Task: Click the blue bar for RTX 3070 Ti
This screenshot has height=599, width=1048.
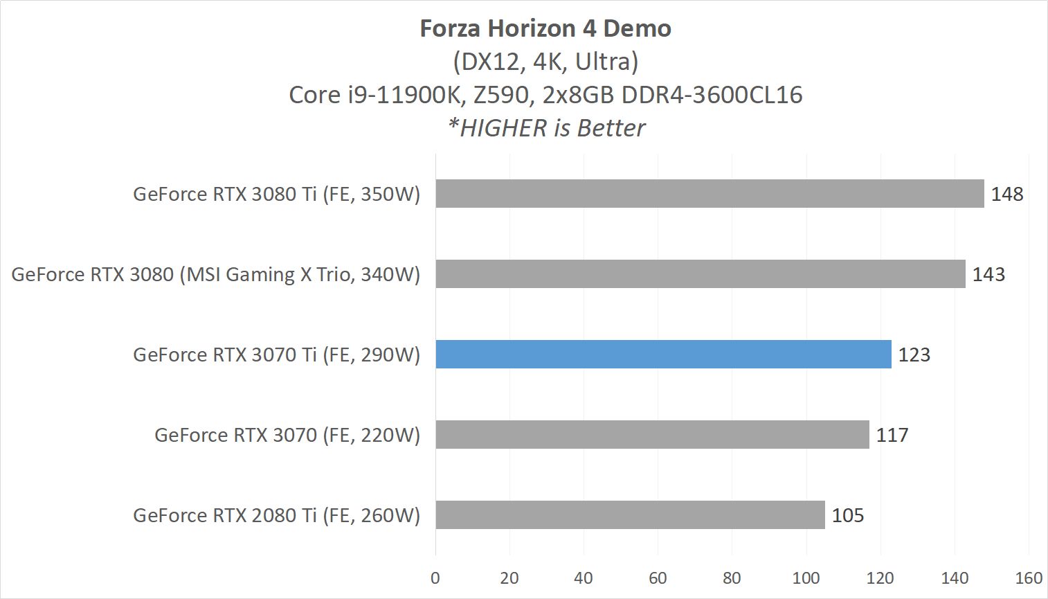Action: point(663,355)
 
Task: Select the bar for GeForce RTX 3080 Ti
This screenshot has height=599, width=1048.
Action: point(710,194)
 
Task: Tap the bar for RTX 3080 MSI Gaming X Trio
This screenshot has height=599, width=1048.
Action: point(701,274)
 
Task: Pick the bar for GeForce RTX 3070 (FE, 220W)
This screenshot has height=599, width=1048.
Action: point(652,435)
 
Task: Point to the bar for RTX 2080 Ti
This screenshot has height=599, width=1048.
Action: point(630,515)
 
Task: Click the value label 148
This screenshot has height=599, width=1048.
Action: point(1006,194)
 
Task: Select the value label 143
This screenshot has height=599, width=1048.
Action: point(988,274)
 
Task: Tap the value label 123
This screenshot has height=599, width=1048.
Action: point(914,355)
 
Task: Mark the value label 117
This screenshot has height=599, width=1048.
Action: point(892,435)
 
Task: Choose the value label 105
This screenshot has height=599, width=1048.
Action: point(847,515)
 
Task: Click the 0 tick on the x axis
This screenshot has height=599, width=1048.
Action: point(435,578)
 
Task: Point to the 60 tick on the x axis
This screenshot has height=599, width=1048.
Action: point(658,578)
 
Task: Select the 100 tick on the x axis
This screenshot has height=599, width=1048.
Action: point(806,578)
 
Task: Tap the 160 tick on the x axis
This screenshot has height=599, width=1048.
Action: point(1029,578)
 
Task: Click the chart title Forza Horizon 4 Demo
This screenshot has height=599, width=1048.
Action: point(545,28)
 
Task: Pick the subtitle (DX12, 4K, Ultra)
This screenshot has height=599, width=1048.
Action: point(545,62)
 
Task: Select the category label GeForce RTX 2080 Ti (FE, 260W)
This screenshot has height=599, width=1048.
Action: point(276,515)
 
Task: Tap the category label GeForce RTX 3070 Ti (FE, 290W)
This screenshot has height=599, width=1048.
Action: point(276,355)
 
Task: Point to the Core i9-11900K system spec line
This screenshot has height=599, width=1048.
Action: point(545,95)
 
